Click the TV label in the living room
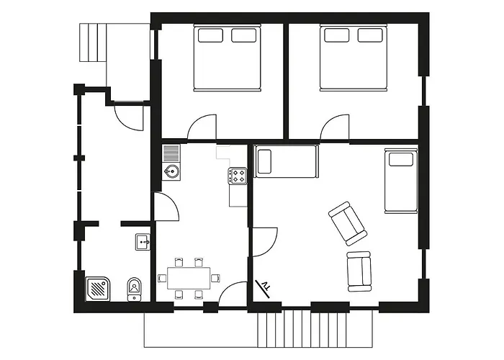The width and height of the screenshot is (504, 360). pyautogui.click(x=267, y=288)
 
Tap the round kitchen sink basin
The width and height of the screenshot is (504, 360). pyautogui.click(x=171, y=171)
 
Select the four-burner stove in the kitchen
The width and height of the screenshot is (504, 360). pyautogui.click(x=238, y=175)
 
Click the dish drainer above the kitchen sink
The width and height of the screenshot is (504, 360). pyautogui.click(x=171, y=153)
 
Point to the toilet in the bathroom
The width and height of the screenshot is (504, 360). pyautogui.click(x=134, y=289)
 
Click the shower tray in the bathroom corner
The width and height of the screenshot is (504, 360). pyautogui.click(x=96, y=289)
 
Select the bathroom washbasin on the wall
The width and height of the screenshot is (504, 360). pyautogui.click(x=142, y=242)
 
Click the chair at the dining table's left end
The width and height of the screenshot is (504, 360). pyautogui.click(x=162, y=277)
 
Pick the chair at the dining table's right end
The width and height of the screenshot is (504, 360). pyautogui.click(x=216, y=277)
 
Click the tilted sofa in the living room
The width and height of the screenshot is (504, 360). pyautogui.click(x=347, y=222)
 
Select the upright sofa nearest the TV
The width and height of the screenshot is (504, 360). pyautogui.click(x=359, y=271)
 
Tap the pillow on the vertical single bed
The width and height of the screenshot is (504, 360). pyautogui.click(x=400, y=158)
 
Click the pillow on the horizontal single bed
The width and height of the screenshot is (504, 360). pyautogui.click(x=264, y=161)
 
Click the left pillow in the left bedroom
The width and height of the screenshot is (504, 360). pyautogui.click(x=210, y=35)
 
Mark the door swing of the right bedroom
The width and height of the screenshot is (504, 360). pyautogui.click(x=334, y=128)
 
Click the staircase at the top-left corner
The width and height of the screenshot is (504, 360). pyautogui.click(x=91, y=43)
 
